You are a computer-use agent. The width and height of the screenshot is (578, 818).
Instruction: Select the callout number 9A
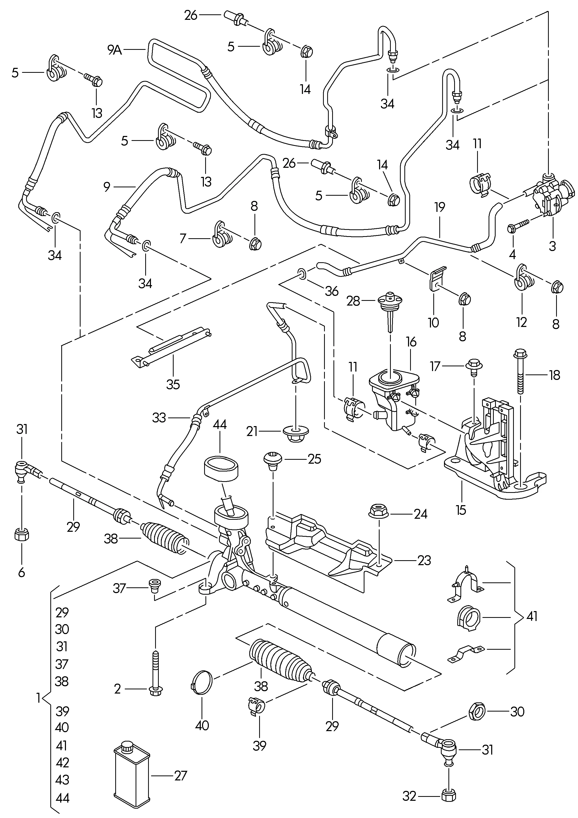(x=115, y=50)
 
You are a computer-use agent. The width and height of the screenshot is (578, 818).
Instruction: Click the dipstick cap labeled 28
(x=389, y=303)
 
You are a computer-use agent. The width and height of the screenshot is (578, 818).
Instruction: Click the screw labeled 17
(x=474, y=366)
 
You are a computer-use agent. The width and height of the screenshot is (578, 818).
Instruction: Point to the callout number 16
(x=411, y=342)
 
